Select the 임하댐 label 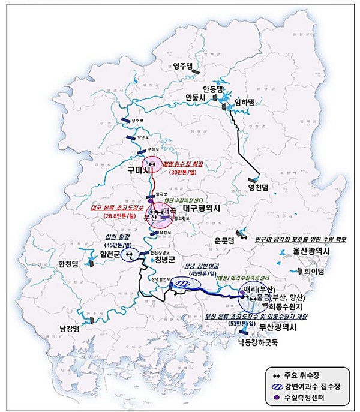pyautogui.click(x=245, y=102)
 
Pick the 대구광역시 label pyautogui.click(x=202, y=208)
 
